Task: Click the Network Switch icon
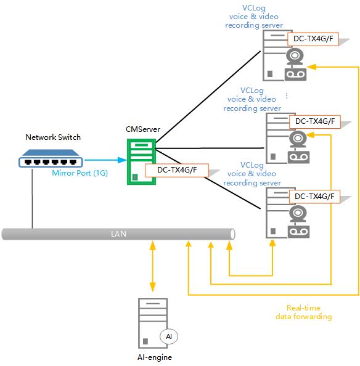point(51,158)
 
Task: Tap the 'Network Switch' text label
point(53,137)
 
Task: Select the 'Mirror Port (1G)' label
point(80,173)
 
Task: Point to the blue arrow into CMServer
point(105,160)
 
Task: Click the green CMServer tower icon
point(141,162)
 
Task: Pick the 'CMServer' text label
point(143,129)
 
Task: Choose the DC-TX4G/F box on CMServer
point(177,170)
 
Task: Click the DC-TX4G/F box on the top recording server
point(313,39)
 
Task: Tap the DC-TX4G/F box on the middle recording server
point(315,121)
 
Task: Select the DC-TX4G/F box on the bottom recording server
point(314,197)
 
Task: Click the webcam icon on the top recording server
point(295,57)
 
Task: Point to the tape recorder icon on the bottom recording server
point(298,232)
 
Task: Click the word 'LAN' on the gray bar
point(118,234)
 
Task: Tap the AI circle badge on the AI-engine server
point(169,336)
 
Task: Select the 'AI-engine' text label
point(155,357)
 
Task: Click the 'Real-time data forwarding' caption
point(303,312)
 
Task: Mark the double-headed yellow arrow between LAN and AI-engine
point(152,266)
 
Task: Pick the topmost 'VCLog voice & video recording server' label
point(254,17)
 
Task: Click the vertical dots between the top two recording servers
point(287,96)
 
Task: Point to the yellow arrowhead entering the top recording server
point(311,67)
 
